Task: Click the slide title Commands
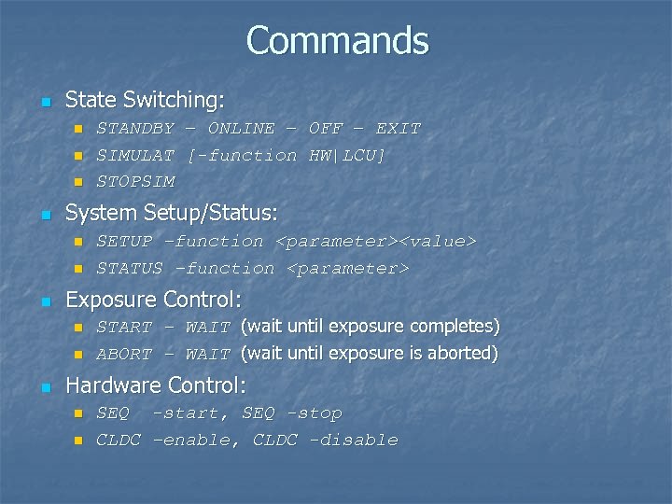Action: [337, 40]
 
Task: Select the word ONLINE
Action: [241, 128]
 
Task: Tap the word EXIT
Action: [398, 128]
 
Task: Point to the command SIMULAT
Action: [135, 155]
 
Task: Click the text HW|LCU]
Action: [347, 155]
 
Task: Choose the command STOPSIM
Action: [135, 182]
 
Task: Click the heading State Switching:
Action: [145, 99]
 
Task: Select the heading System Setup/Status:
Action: [171, 213]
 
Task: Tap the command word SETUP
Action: [124, 242]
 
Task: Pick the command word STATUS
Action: [130, 269]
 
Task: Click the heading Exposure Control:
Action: [153, 300]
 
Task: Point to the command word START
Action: [124, 328]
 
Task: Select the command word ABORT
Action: [124, 355]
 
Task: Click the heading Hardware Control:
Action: [155, 385]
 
